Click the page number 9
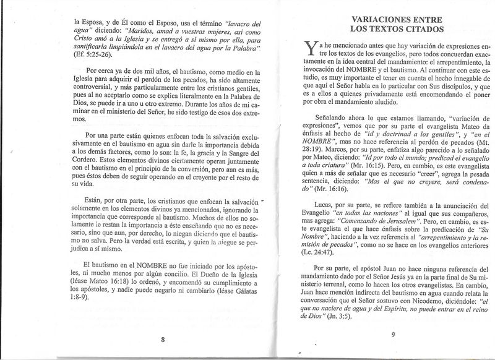tap(393, 335)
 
